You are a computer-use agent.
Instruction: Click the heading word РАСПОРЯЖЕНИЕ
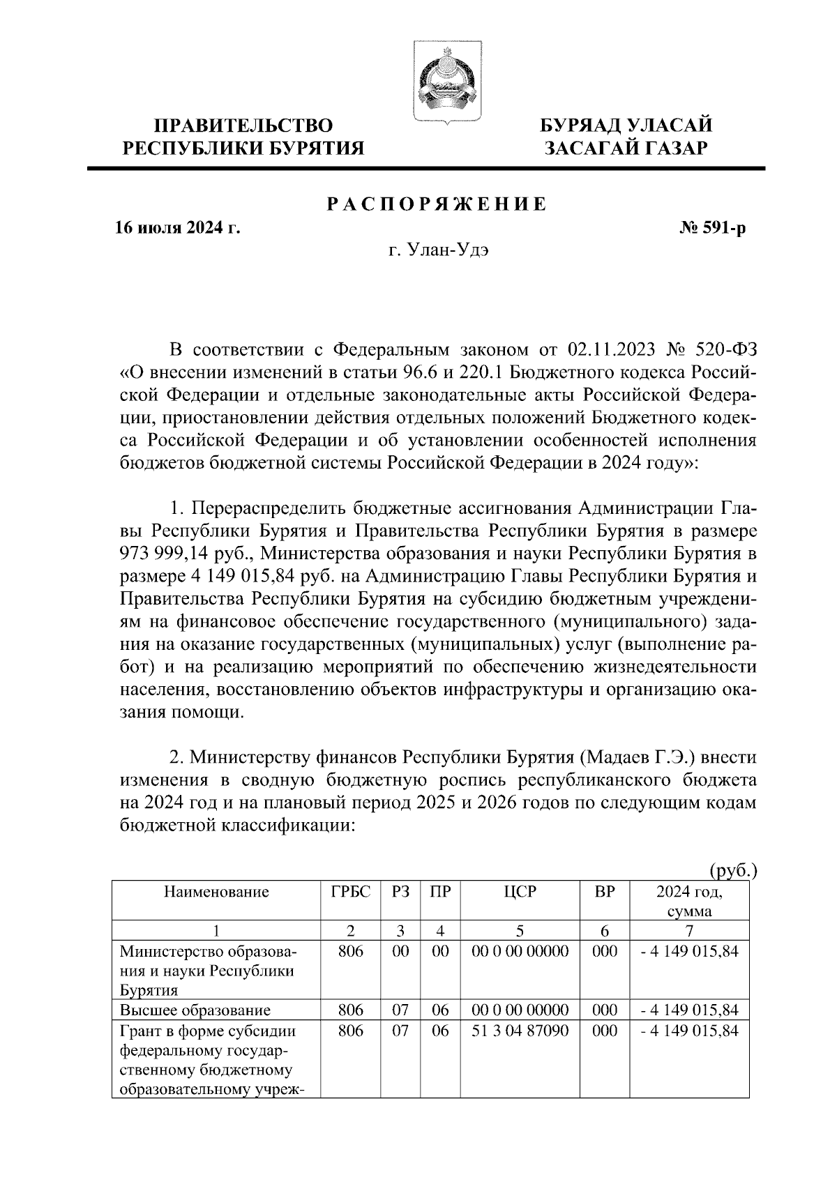coord(437,204)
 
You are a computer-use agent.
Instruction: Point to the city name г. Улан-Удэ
coord(438,252)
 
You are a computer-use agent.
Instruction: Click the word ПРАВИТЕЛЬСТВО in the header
coord(243,126)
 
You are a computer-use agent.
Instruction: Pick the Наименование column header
coord(216,892)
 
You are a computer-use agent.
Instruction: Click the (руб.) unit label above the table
coord(732,870)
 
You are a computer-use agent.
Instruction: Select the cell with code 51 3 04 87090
coord(520,1031)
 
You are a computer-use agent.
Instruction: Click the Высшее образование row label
coord(195,1010)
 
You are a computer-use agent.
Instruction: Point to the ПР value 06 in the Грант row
coord(439,1031)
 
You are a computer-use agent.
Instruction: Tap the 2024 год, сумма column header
coord(688,901)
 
